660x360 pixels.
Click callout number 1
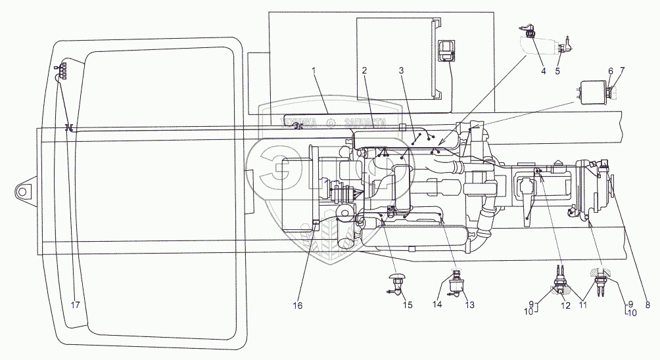coord(314,70)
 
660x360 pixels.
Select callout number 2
coord(364,70)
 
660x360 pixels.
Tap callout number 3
coord(401,70)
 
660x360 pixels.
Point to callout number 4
coord(543,71)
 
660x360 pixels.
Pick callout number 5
coord(557,71)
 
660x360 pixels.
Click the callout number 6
coord(611,71)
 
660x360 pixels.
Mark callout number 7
coord(622,71)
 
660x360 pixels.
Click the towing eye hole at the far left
coord(22,191)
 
